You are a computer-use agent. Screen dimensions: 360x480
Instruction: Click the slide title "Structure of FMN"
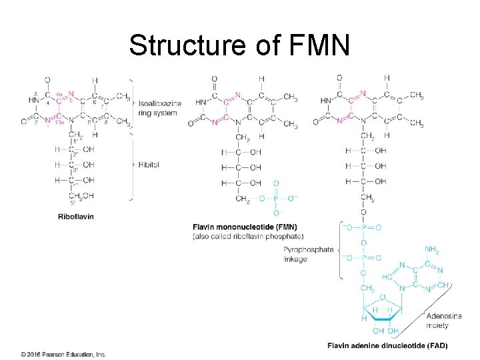click(239, 45)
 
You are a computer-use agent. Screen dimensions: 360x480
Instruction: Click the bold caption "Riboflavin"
click(75, 216)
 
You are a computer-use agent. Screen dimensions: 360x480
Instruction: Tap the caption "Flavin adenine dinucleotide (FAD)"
click(387, 345)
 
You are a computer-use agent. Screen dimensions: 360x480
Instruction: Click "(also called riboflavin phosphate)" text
click(248, 236)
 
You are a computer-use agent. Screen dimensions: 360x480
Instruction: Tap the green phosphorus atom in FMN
click(276, 198)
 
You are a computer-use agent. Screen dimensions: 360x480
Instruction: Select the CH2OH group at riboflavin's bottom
click(81, 196)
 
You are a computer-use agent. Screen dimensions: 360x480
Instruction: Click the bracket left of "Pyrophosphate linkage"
click(342, 249)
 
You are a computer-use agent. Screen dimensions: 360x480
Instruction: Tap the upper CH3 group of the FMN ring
click(290, 98)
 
